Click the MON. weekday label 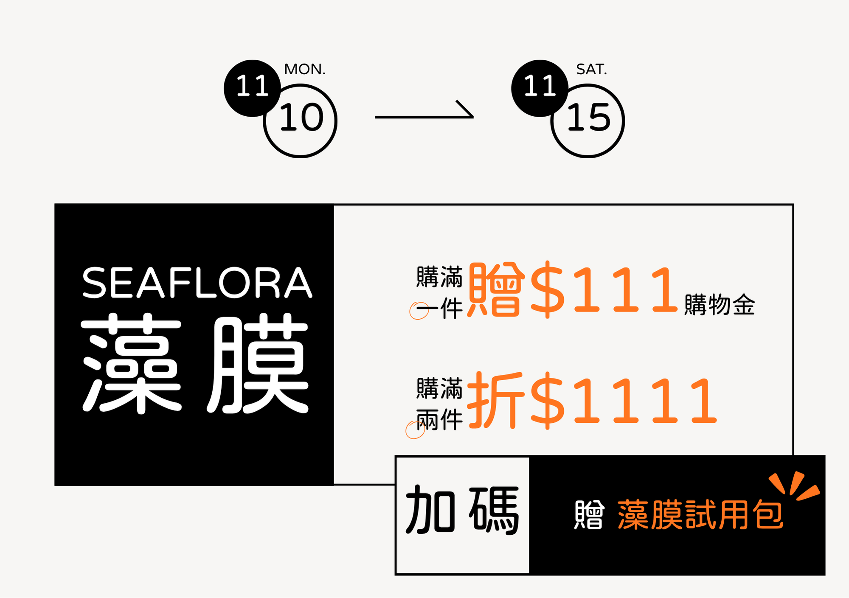(304, 69)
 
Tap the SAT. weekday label (591, 69)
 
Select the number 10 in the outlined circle (301, 118)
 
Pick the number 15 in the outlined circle (589, 118)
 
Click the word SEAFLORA (197, 283)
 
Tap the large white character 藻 (132, 363)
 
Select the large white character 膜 (259, 363)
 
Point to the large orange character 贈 (495, 290)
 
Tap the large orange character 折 (495, 401)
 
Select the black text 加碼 (462, 510)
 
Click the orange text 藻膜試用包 (700, 515)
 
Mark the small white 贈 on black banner (589, 515)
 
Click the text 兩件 (439, 420)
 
